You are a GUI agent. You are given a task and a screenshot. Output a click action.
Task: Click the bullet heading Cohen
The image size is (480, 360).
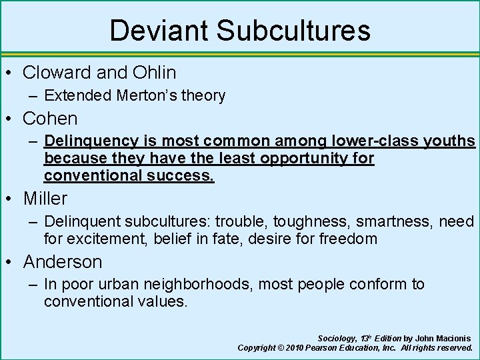50,119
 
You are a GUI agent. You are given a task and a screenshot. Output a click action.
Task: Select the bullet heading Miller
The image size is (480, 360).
45,198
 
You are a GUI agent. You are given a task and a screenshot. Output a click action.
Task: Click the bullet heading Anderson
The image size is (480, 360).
62,261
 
